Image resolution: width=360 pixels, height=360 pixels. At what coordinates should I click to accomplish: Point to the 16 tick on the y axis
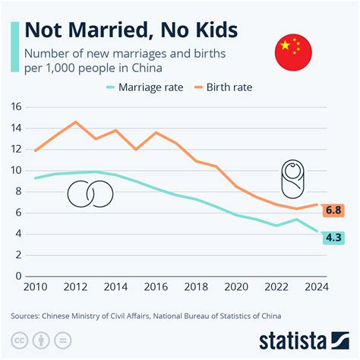[17, 107]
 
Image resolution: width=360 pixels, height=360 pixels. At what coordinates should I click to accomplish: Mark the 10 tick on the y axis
[17, 170]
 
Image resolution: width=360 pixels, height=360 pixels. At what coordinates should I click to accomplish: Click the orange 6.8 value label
[333, 210]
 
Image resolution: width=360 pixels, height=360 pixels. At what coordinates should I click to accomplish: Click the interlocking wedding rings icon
[90, 194]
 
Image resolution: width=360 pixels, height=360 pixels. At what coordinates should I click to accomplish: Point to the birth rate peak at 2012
[75, 122]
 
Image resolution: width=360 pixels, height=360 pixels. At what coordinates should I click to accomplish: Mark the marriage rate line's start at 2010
[34, 178]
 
